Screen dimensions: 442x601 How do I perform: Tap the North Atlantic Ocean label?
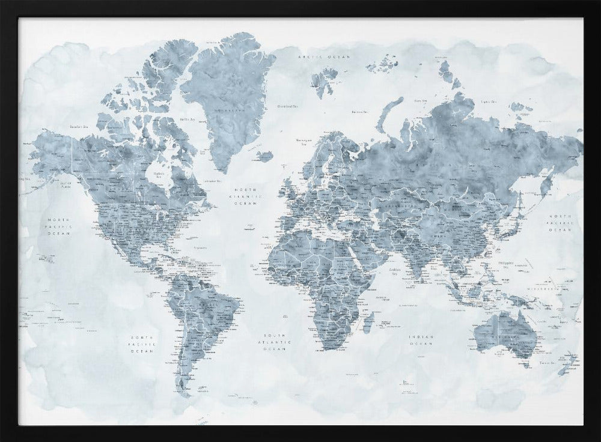pyautogui.click(x=248, y=196)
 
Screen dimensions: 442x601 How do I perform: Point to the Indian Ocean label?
pyautogui.click(x=421, y=341)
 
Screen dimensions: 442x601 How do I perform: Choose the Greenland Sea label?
pyautogui.click(x=287, y=106)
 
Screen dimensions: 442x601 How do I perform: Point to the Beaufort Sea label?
pyautogui.click(x=79, y=127)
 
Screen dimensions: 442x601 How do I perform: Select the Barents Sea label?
pyautogui.click(x=359, y=111)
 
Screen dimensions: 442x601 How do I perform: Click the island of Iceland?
pyautogui.click(x=264, y=156)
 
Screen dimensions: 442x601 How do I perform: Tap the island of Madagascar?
pyautogui.click(x=369, y=321)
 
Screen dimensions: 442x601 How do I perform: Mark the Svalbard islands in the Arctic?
pyautogui.click(x=325, y=81)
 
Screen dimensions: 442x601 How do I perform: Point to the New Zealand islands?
pyautogui.click(x=567, y=363)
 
